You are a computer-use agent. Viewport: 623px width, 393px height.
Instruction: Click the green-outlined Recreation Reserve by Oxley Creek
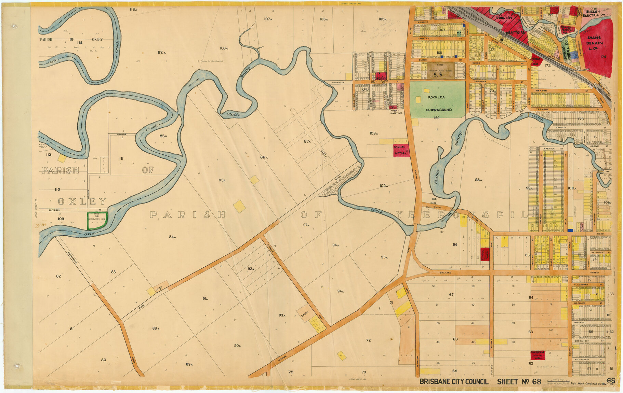pos(97,220)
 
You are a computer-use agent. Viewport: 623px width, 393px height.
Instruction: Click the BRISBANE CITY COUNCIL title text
pos(454,382)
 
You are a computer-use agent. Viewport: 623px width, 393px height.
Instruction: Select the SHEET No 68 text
pos(519,382)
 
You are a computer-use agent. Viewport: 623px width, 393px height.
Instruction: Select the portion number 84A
pos(172,237)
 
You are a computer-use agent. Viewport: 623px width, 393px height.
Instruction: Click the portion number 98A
pos(478,180)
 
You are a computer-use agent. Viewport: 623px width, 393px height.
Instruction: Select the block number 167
pos(442,30)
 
